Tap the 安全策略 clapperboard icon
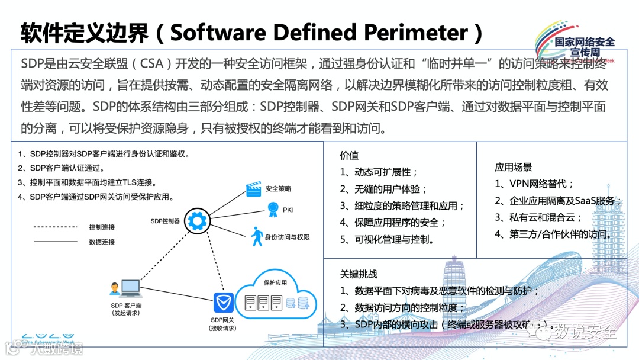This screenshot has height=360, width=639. pyautogui.click(x=253, y=189)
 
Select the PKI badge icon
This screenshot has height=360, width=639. pyautogui.click(x=273, y=208)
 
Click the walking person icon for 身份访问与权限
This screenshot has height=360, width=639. pyautogui.click(x=256, y=236)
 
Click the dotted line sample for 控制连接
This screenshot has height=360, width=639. pyautogui.click(x=56, y=227)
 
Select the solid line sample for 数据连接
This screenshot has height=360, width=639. pyautogui.click(x=56, y=242)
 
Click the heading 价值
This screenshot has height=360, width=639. pyautogui.click(x=349, y=155)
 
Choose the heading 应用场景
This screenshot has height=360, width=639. pyautogui.click(x=513, y=168)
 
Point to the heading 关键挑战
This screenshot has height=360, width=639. pyautogui.click(x=359, y=274)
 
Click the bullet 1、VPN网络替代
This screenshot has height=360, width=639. pyautogui.click(x=534, y=184)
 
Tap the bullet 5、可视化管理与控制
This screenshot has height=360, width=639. pyautogui.click(x=387, y=240)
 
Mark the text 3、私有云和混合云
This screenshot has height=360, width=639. pyautogui.click(x=538, y=217)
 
